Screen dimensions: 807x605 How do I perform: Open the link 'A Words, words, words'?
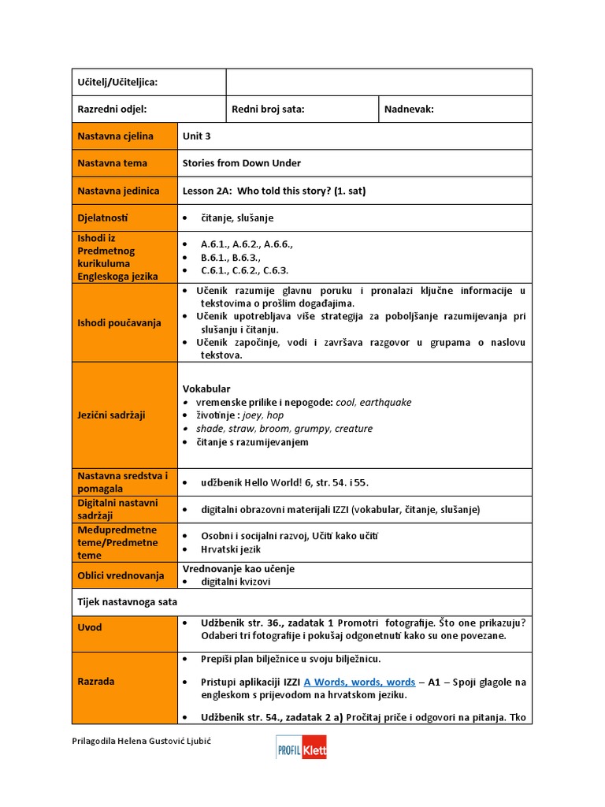[x=359, y=682]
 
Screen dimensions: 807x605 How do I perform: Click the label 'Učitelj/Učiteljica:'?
[x=117, y=83]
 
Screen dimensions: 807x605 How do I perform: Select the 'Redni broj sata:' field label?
[x=268, y=110]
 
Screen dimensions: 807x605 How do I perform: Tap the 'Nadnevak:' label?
[x=409, y=110]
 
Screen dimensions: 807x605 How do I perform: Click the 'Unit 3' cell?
[x=197, y=136]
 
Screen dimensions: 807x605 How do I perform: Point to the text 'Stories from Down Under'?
[x=242, y=163]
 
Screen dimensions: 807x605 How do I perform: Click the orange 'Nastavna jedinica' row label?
[x=118, y=191]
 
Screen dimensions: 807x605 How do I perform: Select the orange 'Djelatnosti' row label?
[x=102, y=218]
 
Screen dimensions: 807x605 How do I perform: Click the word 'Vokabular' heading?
[x=206, y=389]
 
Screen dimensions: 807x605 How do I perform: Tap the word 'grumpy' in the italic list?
[x=312, y=429]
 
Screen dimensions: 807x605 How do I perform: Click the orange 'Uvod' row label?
[x=89, y=627]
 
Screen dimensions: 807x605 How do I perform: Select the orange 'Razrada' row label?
[x=96, y=681]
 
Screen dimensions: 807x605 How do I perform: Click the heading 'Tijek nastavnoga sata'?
[x=127, y=601]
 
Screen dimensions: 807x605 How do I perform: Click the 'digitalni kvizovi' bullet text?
[x=235, y=582]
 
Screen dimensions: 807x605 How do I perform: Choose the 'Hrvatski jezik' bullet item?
[x=231, y=549]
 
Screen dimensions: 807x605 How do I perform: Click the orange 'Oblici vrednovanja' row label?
[x=121, y=575]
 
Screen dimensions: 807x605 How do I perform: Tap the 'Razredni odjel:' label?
[x=112, y=110]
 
